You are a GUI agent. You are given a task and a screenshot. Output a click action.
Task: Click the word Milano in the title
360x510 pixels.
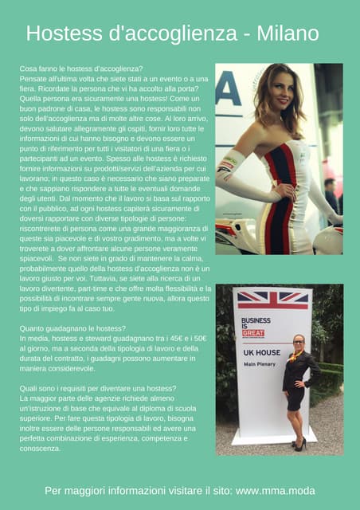[287, 33]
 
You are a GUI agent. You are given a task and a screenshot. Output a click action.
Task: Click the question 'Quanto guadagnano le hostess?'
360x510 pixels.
[71, 328]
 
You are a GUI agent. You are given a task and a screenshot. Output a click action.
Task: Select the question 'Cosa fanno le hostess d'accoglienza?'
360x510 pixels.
[80, 69]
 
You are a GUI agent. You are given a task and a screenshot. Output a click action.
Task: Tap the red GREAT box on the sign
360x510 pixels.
[253, 333]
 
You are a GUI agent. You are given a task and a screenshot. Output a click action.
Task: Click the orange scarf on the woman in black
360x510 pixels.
[299, 356]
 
